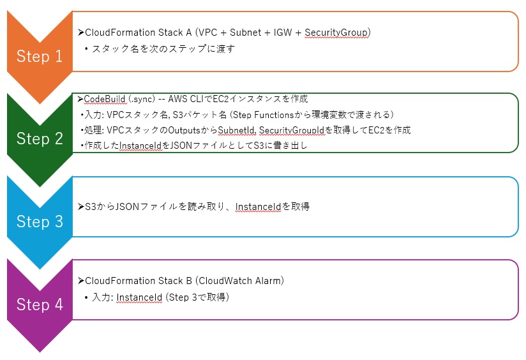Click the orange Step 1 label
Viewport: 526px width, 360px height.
(x=40, y=56)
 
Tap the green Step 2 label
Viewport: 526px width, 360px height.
(x=40, y=139)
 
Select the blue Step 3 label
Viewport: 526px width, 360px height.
(x=40, y=221)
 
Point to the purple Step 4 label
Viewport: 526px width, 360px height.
(x=40, y=304)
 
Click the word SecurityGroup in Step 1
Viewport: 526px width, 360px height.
(x=336, y=33)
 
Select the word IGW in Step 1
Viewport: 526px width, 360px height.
(x=282, y=33)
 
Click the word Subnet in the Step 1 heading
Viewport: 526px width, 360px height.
(x=245, y=33)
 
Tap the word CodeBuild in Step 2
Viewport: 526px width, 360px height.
(x=104, y=99)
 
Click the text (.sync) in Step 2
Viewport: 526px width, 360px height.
(x=142, y=100)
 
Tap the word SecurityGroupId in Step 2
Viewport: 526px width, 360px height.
(x=292, y=130)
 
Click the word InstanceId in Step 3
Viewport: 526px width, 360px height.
(x=258, y=207)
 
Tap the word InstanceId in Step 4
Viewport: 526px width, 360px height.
(x=139, y=297)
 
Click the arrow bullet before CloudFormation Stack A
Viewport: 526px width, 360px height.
(x=81, y=32)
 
